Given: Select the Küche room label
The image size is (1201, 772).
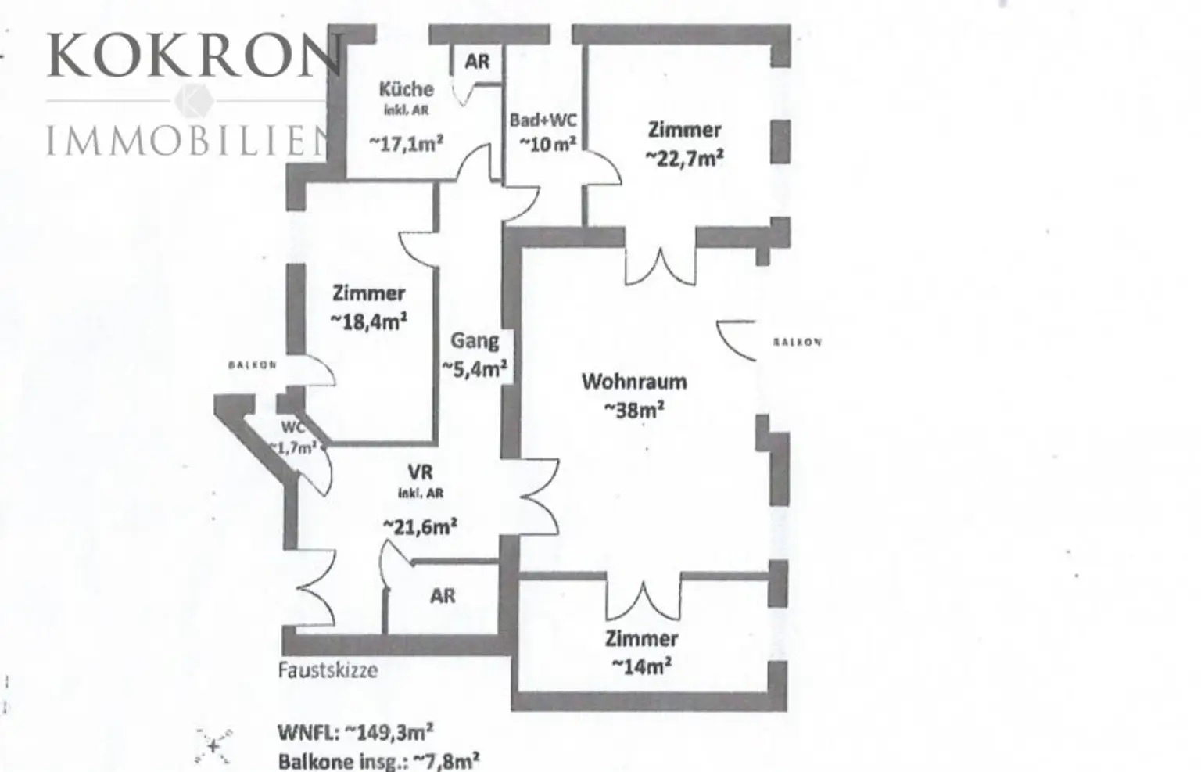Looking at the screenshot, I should [406, 88].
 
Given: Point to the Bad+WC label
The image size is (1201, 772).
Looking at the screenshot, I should [543, 120].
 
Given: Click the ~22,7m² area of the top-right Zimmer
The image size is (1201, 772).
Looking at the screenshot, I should [684, 157].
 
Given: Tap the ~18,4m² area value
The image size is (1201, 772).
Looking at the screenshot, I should [369, 321].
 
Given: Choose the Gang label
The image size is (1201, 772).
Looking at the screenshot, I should [475, 340].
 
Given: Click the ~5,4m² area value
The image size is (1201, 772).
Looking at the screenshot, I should [475, 368].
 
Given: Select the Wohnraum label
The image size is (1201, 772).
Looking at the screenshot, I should [634, 382].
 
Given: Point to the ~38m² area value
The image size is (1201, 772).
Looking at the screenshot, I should [634, 409].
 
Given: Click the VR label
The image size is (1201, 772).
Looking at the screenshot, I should [420, 472].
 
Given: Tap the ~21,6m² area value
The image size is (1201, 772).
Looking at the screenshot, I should [420, 526].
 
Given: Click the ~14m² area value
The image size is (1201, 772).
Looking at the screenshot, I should [641, 666].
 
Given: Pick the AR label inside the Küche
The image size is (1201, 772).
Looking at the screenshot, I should [477, 61].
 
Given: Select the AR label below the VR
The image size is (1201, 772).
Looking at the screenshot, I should [443, 596].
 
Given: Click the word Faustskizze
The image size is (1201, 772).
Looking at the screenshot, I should [328, 670].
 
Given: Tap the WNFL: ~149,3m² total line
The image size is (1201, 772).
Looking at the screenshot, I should [356, 733].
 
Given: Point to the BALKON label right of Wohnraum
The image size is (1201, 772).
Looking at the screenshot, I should [797, 342].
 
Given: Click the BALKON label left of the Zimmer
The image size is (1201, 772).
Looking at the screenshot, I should [253, 364].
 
